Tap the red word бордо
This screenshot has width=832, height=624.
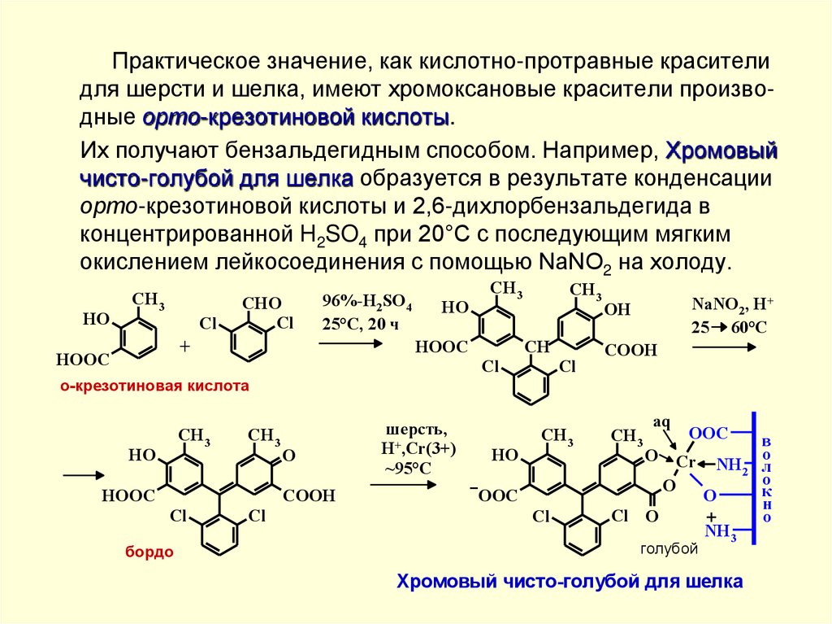[149, 552]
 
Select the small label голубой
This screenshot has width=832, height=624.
[669, 549]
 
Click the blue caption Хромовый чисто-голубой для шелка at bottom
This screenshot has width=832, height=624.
[569, 582]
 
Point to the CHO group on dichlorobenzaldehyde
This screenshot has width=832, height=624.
[262, 303]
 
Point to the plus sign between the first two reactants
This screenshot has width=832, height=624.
[184, 346]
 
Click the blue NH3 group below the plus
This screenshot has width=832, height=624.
[721, 532]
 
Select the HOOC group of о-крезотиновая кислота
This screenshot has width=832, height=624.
[80, 356]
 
